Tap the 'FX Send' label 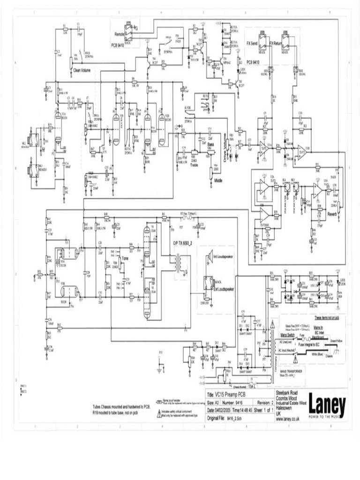point(254,43)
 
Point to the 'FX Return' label point(278,43)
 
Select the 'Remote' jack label point(119,34)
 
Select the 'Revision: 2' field point(261,402)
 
